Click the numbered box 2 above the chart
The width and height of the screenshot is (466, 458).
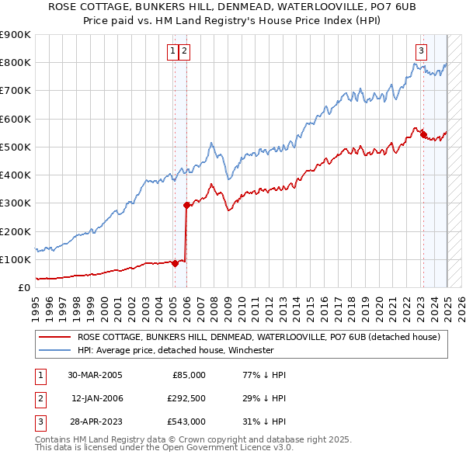(185, 52)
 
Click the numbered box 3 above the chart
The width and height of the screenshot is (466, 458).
(421, 52)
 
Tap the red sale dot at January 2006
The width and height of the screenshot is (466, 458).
(186, 206)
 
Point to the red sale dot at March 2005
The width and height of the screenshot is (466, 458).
(176, 263)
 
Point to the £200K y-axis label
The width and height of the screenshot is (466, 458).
(16, 231)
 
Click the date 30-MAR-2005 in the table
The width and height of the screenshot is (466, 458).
(95, 374)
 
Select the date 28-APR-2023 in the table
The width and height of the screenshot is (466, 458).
(95, 422)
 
